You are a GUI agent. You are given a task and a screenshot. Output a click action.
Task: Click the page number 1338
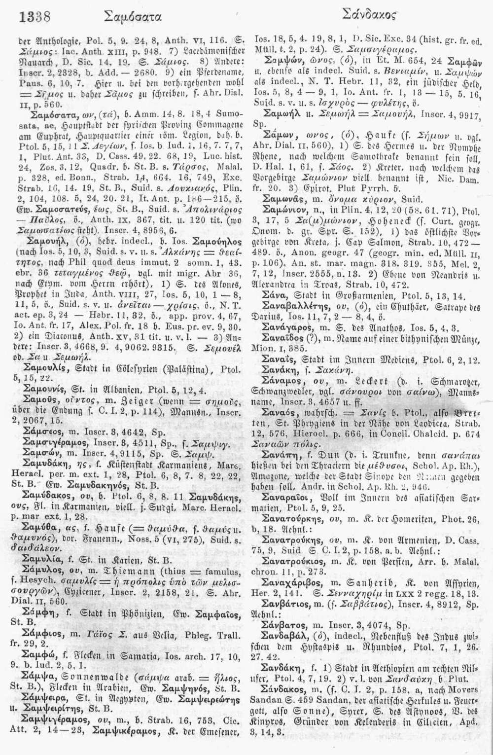[35, 18]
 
